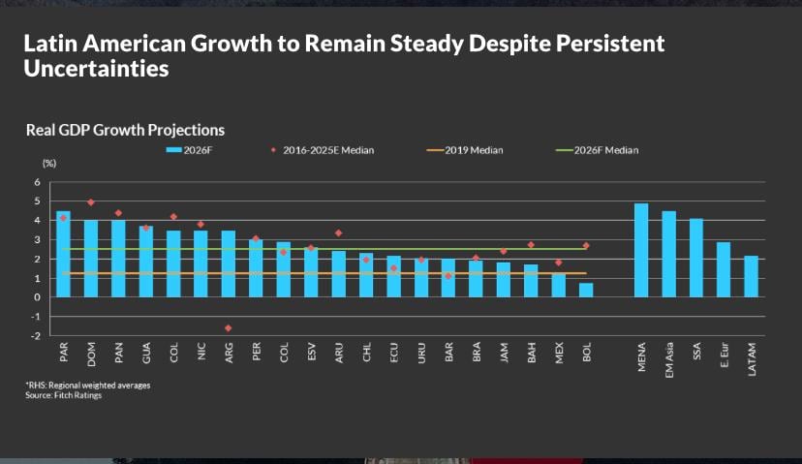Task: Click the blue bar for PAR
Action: pos(63,254)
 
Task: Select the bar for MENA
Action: pos(641,250)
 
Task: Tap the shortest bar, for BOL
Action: pos(586,290)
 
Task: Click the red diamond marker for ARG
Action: pos(229,328)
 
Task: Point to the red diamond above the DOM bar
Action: pos(91,202)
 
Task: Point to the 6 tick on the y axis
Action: pos(38,182)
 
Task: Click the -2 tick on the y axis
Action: pos(36,336)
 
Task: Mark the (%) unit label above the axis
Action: pos(49,164)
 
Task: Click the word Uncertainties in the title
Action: pos(96,70)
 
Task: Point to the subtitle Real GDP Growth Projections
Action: pos(125,129)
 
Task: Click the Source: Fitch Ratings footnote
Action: pos(63,394)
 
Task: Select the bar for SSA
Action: pos(696,258)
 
